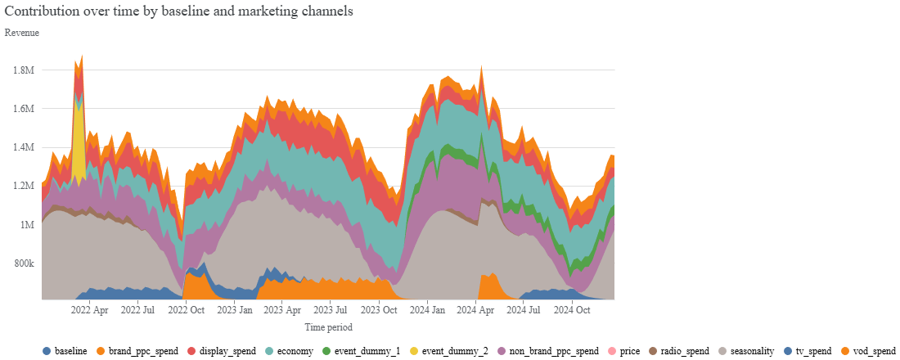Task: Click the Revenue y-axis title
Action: tap(22, 33)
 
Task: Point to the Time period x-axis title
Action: tap(328, 327)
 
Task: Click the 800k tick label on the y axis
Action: tap(24, 263)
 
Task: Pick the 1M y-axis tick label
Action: tap(27, 225)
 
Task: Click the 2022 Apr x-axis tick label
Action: tap(90, 311)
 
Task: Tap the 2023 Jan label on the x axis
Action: tap(234, 311)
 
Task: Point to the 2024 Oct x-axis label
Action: tap(572, 311)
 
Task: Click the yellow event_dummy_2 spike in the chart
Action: tap(79, 135)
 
